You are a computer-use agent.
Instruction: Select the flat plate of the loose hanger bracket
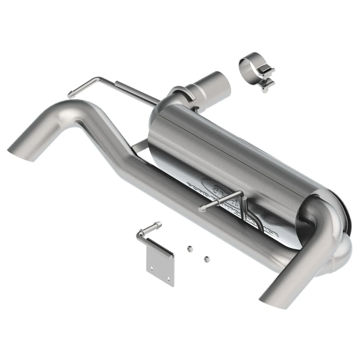pos(160,265)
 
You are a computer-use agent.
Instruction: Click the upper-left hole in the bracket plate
pos(153,267)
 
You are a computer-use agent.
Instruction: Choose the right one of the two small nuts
pos(207,258)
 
